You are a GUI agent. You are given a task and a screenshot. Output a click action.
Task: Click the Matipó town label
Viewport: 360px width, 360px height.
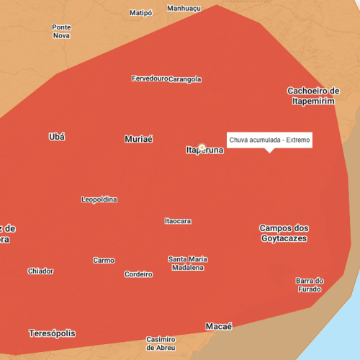pos(141,13)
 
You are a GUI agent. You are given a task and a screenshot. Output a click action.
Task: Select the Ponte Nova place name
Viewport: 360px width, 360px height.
pos(61,31)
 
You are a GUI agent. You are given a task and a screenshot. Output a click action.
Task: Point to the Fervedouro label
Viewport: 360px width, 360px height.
pos(150,78)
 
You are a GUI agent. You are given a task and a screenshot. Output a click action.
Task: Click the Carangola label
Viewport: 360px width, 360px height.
pos(185,79)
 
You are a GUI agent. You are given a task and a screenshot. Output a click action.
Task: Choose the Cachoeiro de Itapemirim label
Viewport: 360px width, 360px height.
pos(313,96)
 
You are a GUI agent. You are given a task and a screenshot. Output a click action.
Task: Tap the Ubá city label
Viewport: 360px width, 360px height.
pos(56,137)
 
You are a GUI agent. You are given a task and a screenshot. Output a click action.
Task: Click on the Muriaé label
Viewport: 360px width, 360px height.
pos(138,139)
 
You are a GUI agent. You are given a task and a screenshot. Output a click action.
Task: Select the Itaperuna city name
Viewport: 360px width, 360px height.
pos(204,150)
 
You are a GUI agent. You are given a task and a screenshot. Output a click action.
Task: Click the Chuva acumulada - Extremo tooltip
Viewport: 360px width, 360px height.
pos(269,140)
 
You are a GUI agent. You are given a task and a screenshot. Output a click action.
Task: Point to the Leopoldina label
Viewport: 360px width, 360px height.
pos(100,199)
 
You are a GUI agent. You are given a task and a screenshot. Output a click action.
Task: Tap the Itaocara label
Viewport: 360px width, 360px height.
pos(178,221)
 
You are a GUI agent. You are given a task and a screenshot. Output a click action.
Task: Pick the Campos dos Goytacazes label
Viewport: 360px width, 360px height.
pos(284,233)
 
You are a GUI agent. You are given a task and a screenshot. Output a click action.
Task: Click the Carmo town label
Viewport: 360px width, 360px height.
pos(104,260)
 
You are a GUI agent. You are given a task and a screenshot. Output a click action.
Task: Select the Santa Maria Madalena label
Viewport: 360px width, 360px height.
pos(187,263)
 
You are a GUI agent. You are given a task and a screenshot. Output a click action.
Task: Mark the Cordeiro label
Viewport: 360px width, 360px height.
pos(138,274)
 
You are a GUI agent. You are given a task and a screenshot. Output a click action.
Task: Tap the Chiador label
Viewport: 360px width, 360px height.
pos(40,271)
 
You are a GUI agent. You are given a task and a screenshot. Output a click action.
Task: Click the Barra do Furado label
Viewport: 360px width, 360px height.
pos(310,284)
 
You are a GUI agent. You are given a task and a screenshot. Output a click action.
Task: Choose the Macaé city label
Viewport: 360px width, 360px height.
pos(219,326)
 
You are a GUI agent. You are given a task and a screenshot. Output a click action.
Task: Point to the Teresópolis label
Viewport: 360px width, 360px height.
pos(52,333)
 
